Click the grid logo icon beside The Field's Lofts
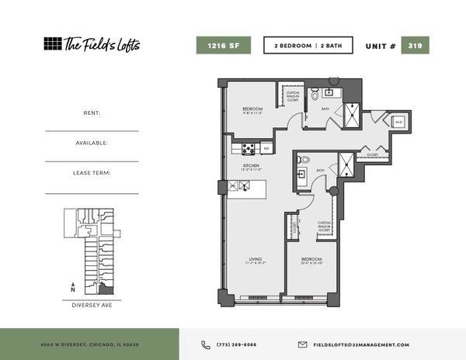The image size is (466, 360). pos(52,44)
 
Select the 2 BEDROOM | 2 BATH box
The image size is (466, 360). pos(308,46)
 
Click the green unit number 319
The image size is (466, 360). pos(415,46)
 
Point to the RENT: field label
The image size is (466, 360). pos(92,113)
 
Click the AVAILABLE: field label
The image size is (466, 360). pos(92,143)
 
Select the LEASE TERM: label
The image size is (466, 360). pos(92,173)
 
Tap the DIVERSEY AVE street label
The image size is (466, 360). pos(92,305)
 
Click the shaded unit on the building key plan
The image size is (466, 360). pos(108,289)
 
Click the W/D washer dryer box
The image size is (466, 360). pos(398,123)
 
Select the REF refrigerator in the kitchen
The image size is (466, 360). pos(266,148)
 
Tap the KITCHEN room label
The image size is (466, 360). pos(250,166)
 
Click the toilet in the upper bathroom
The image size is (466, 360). pos(315,94)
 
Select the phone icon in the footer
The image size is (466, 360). pos(206,344)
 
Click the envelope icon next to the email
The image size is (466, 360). pos(303,344)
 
